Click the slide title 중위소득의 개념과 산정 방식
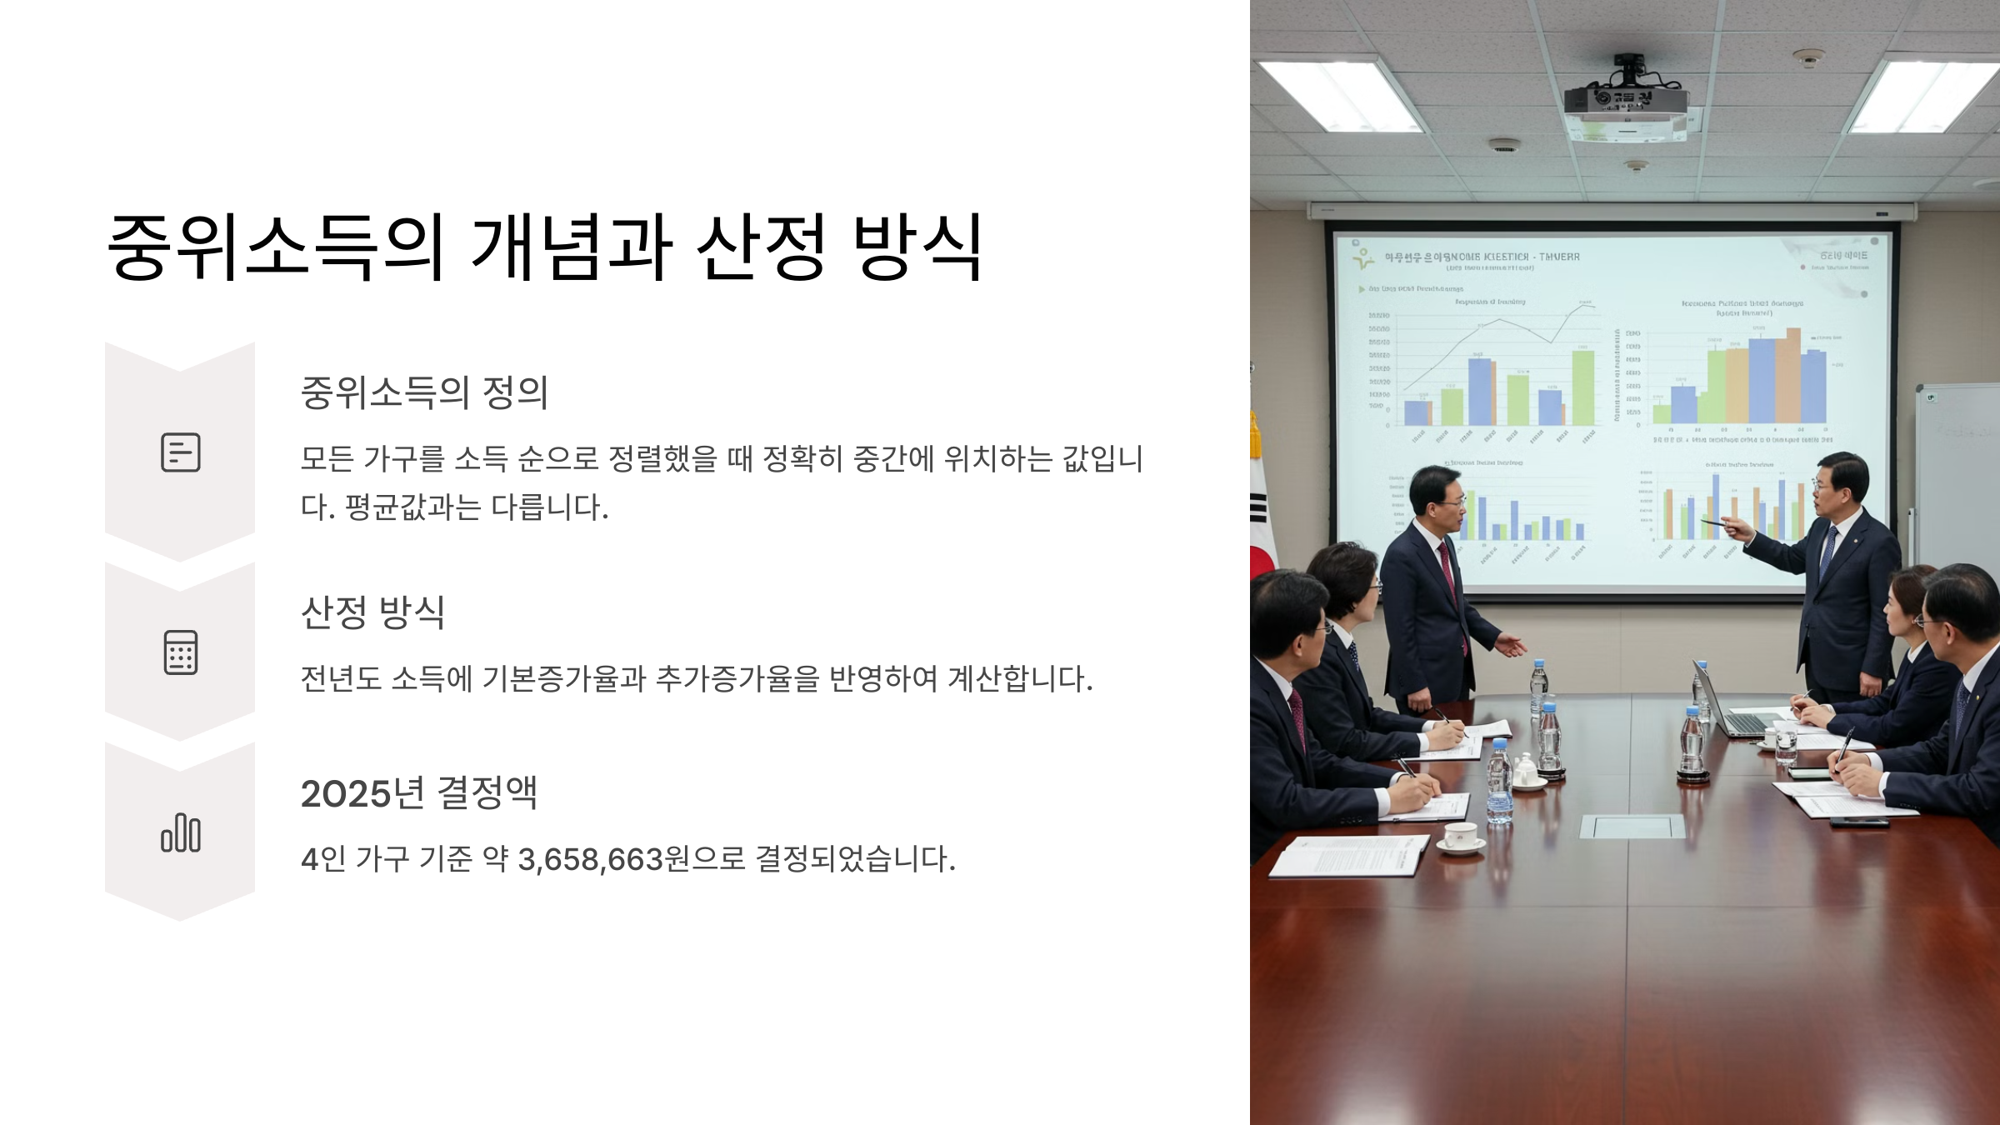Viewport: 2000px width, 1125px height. [x=546, y=247]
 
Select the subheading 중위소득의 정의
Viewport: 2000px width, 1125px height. [x=424, y=392]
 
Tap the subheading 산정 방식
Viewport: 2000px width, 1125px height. [x=372, y=612]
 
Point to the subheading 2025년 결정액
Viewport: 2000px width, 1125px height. [x=418, y=792]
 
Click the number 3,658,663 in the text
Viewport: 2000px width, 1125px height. [x=590, y=859]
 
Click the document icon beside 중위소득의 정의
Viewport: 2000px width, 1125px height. [x=180, y=452]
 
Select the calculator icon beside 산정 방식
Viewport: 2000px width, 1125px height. [x=180, y=652]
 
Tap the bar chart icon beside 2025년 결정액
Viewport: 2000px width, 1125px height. [x=180, y=832]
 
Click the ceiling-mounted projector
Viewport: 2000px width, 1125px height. [x=1626, y=104]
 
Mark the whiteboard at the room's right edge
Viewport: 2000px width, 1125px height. [x=1958, y=475]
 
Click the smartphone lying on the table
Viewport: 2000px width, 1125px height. [x=1858, y=821]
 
